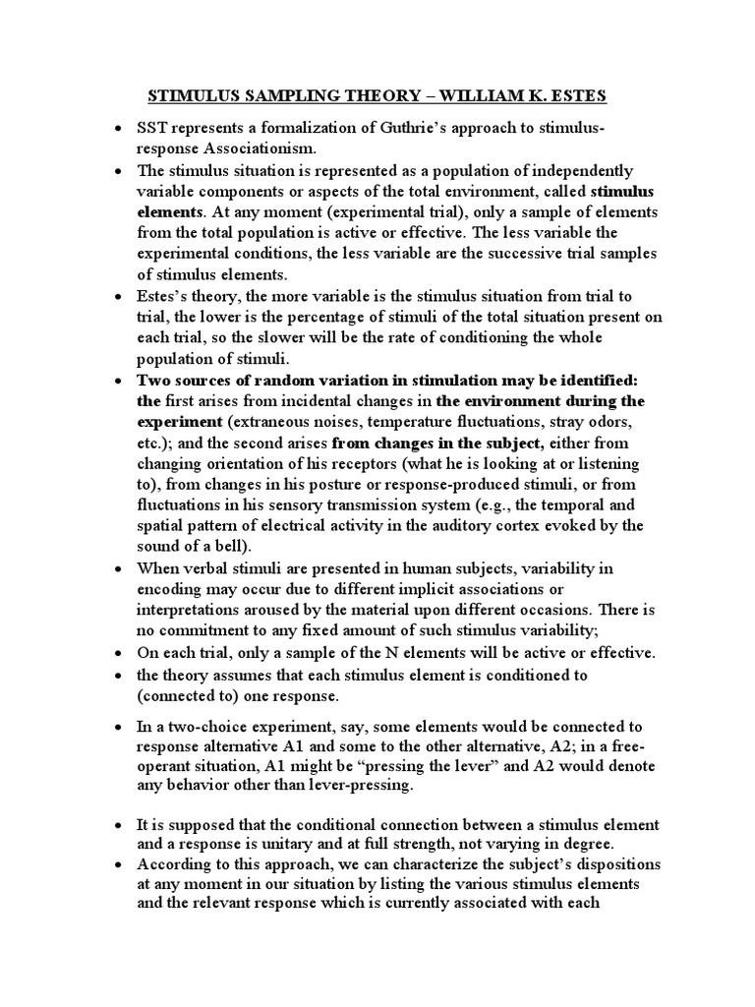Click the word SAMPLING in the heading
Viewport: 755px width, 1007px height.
(296, 97)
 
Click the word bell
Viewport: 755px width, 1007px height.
(238, 546)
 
